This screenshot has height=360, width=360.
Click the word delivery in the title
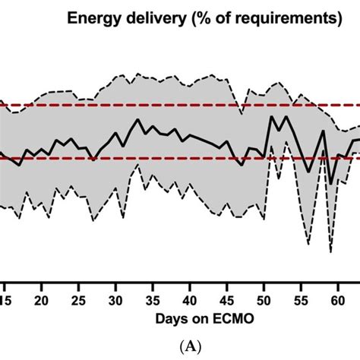click(152, 17)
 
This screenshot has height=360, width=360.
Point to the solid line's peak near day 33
click(138, 119)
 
